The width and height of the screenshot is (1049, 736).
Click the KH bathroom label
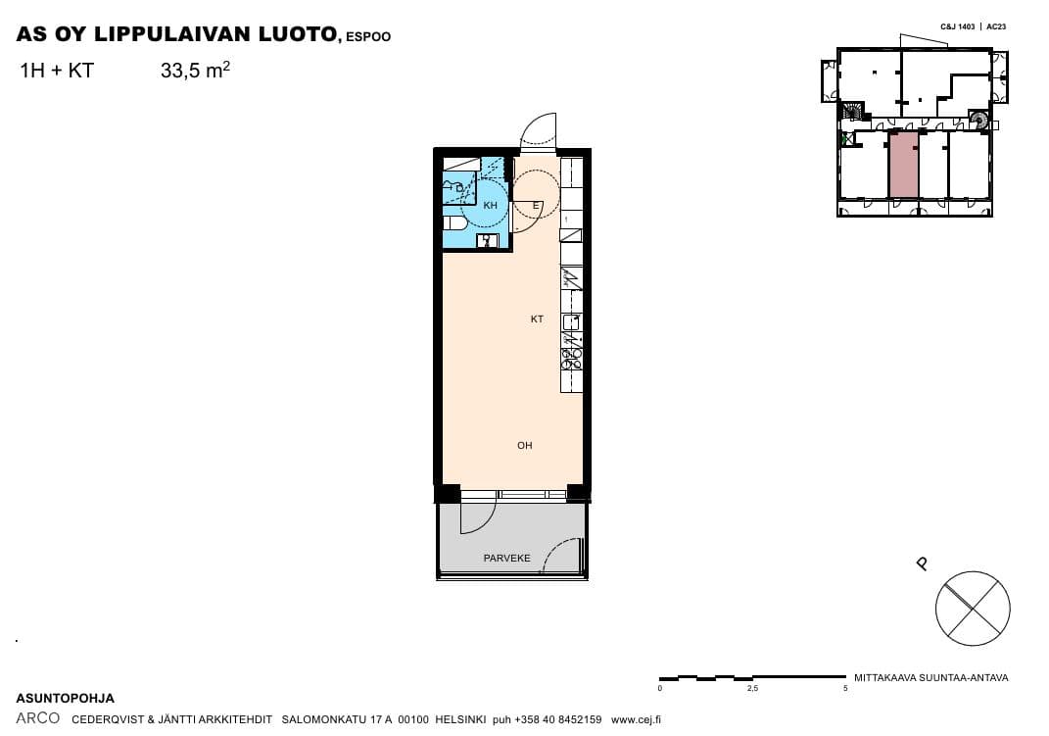(x=491, y=206)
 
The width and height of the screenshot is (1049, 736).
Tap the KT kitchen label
(x=537, y=319)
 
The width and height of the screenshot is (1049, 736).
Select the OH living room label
(x=525, y=445)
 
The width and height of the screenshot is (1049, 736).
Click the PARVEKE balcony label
(x=507, y=558)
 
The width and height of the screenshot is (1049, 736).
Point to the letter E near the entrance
(x=536, y=206)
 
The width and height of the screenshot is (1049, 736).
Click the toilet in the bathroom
(x=454, y=223)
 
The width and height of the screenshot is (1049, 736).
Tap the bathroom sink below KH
(x=487, y=241)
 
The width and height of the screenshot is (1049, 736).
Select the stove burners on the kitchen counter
(x=571, y=360)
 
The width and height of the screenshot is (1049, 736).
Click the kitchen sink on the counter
(x=571, y=322)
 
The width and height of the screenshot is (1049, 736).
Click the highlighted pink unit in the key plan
(x=903, y=165)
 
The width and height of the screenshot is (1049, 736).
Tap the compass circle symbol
(x=973, y=609)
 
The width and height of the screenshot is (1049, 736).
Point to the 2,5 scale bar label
(x=752, y=689)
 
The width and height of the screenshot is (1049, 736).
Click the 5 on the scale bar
(x=845, y=689)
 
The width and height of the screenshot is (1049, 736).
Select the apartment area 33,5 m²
(x=195, y=70)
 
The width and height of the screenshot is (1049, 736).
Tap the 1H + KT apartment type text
(x=57, y=71)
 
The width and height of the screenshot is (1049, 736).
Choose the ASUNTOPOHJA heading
(x=66, y=699)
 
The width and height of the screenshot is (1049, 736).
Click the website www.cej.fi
(x=636, y=720)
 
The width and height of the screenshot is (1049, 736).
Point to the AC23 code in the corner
(x=996, y=26)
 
